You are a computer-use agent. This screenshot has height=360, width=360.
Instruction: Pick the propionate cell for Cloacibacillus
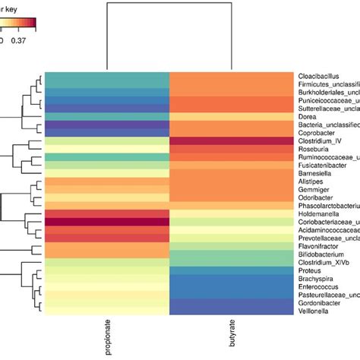[106, 76]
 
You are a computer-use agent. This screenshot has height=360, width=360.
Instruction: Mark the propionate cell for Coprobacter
[106, 133]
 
